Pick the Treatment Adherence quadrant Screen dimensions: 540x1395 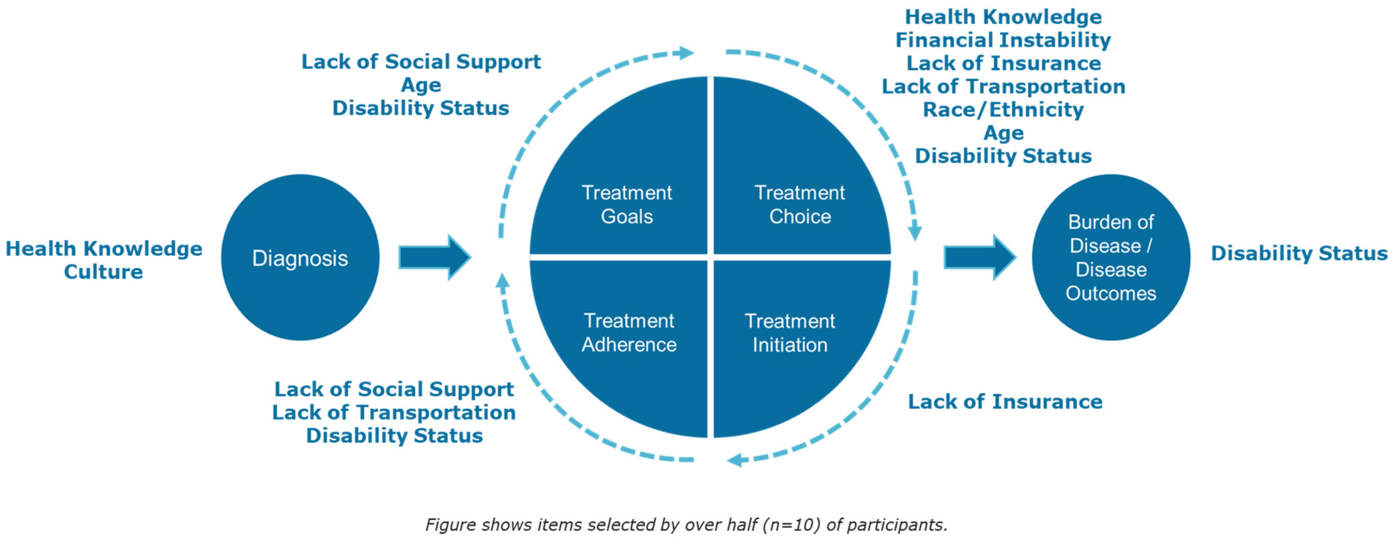[x=628, y=333]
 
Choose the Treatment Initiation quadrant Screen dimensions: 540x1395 [x=789, y=333]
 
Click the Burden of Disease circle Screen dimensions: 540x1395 [x=1111, y=258]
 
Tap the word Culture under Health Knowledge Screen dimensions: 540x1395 [x=104, y=272]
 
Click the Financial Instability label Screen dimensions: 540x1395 [x=1003, y=40]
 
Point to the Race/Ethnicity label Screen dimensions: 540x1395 [x=1003, y=110]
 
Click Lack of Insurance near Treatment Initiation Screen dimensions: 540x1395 [x=1005, y=402]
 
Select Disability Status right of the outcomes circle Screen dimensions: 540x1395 [x=1298, y=253]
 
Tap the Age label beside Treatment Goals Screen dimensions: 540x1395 [x=421, y=85]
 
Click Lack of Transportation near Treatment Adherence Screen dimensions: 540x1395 [x=394, y=413]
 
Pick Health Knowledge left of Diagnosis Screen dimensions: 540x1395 [x=104, y=248]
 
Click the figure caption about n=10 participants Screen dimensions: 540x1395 [x=686, y=524]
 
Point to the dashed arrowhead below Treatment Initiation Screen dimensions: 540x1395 [x=735, y=460]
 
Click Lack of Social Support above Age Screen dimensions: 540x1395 [x=421, y=62]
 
